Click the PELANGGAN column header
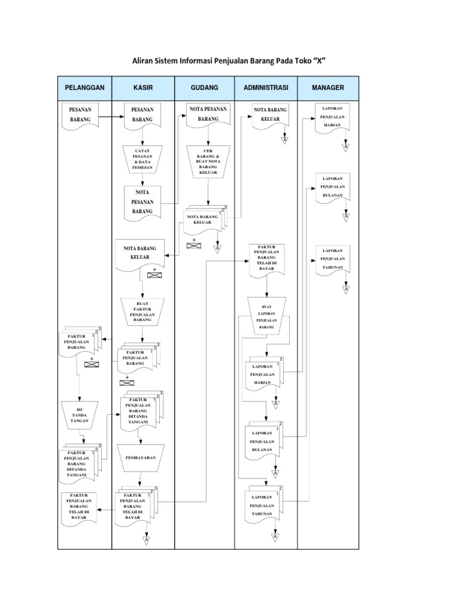pyautogui.click(x=84, y=88)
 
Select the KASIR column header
pyautogui.click(x=143, y=88)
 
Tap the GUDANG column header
pyautogui.click(x=205, y=88)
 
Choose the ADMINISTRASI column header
pyautogui.click(x=266, y=88)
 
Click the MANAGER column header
pyautogui.click(x=328, y=88)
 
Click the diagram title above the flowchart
pyautogui.click(x=230, y=61)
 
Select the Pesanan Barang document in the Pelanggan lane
pyautogui.click(x=80, y=115)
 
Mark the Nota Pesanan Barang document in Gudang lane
pyautogui.click(x=208, y=115)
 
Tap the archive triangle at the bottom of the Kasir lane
pyautogui.click(x=146, y=540)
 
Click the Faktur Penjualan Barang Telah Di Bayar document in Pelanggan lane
pyautogui.click(x=80, y=507)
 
